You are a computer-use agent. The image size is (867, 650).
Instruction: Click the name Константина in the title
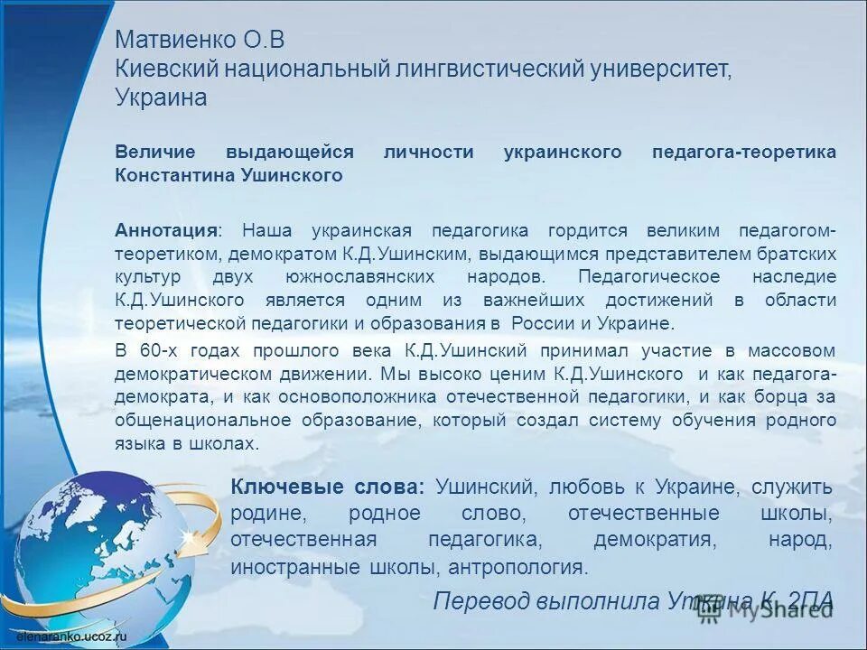167,176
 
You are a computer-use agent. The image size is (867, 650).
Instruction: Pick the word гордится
597,230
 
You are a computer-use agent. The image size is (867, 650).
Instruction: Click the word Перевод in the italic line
480,601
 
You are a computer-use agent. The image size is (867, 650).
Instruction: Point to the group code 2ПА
809,601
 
